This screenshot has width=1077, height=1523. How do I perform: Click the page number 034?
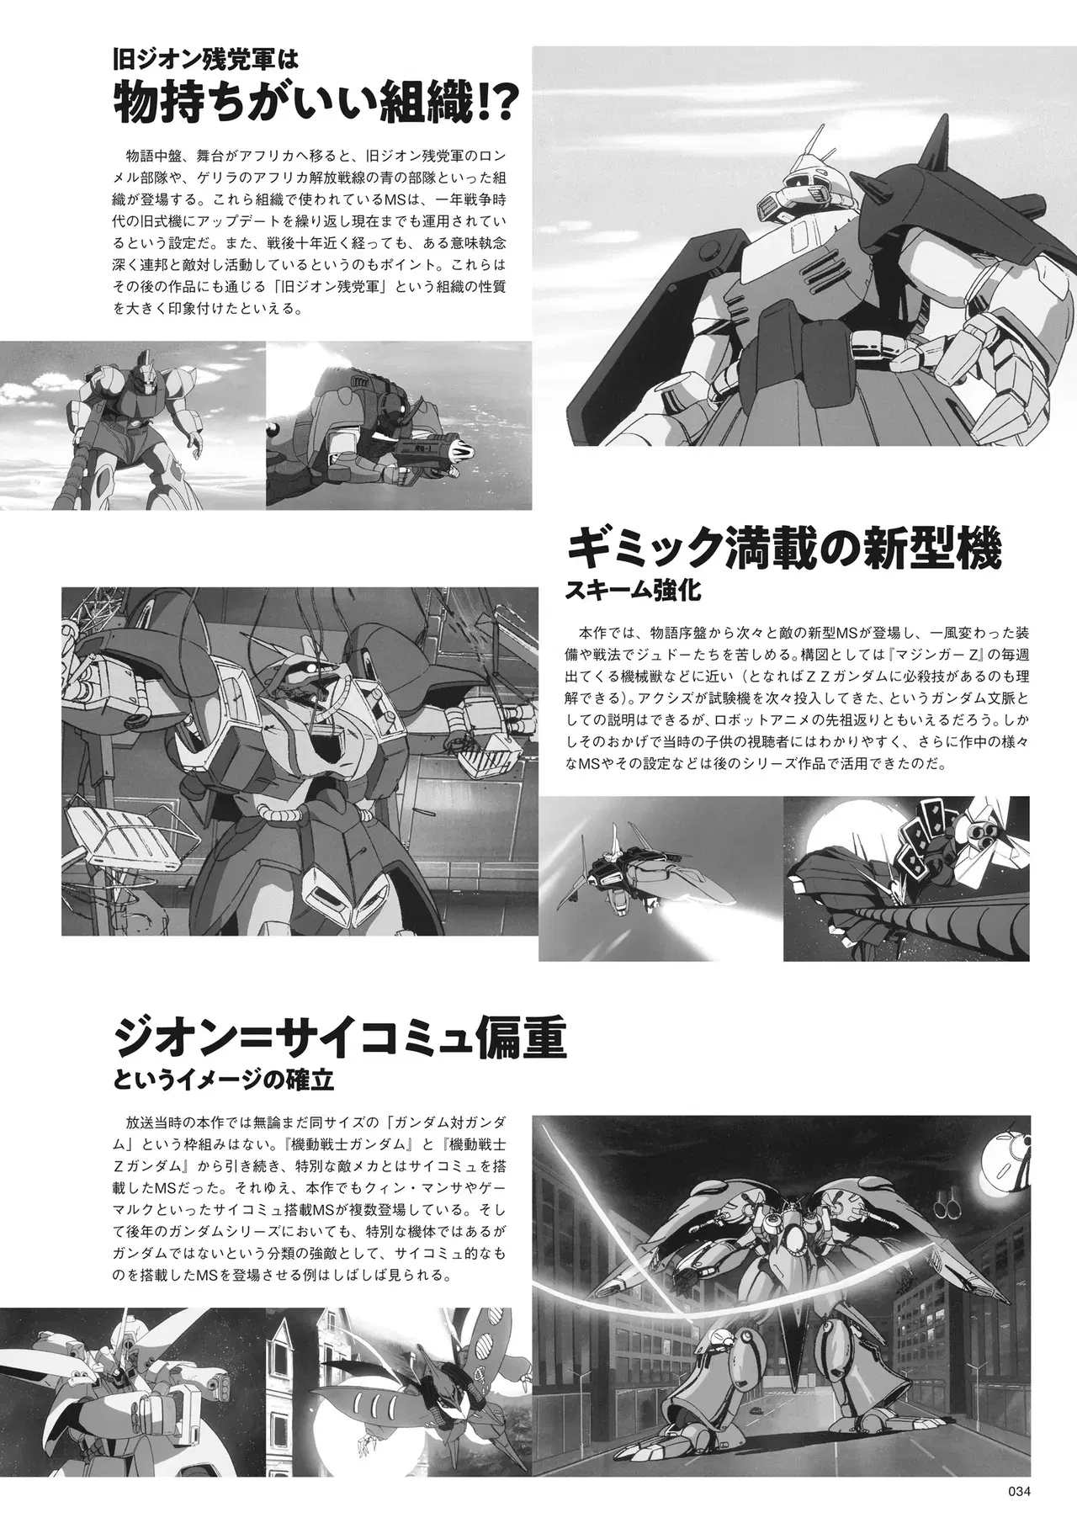coord(1019,1491)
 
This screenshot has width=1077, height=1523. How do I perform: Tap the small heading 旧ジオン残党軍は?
coord(207,61)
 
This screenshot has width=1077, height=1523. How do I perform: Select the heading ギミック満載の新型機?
coord(785,551)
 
